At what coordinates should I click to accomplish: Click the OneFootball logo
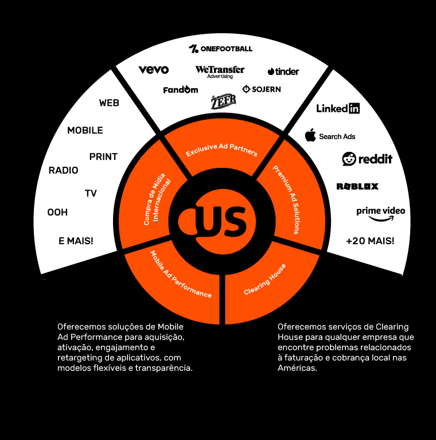pos(220,49)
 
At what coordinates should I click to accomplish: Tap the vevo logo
pos(153,70)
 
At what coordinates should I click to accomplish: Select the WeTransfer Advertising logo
pos(220,72)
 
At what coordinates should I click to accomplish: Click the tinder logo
pos(283,72)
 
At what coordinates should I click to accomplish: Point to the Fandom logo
pos(180,90)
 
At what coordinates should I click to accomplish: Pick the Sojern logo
pos(262,89)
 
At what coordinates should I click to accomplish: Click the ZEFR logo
pos(223,101)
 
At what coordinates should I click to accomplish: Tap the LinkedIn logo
pos(338,108)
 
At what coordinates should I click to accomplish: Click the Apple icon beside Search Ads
pos(310,136)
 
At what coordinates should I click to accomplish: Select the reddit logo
pos(367,159)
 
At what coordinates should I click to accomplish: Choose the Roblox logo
pos(357,186)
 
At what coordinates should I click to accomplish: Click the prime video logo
pos(380,213)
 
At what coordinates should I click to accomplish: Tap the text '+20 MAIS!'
pos(370,241)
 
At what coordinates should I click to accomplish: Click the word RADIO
pos(63,170)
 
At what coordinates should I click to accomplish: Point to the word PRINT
pos(103,156)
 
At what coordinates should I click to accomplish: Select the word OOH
pos(57,213)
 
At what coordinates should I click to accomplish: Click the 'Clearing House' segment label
pos(264,279)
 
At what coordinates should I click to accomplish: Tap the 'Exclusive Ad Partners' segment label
pos(221,150)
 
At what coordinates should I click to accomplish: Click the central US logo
pos(213,221)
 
